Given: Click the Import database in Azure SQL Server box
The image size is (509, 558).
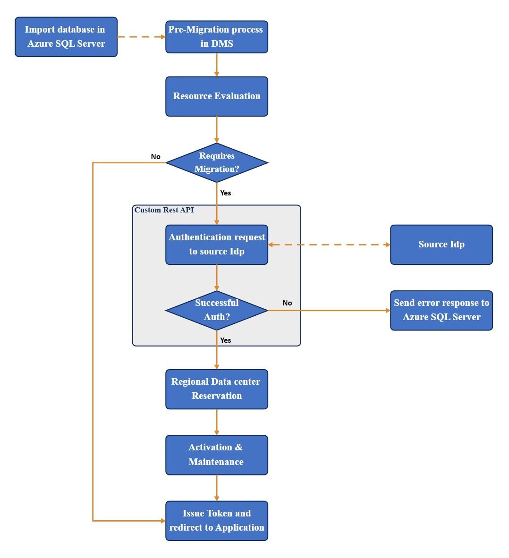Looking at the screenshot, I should point(66,37).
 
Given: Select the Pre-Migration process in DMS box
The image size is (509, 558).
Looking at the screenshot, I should point(216,37).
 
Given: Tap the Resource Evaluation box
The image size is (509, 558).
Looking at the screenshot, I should point(216,96).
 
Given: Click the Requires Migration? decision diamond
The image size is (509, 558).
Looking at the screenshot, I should point(216,163).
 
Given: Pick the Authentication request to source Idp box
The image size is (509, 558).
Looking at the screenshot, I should point(216,245).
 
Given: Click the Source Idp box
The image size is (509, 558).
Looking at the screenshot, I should point(441,245).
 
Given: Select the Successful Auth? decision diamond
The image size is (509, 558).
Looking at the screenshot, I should point(216,310).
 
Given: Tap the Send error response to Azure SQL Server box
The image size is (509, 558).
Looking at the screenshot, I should point(441,310).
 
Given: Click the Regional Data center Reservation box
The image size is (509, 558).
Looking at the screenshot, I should point(216,389).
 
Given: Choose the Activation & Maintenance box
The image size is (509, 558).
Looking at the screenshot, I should point(216,455).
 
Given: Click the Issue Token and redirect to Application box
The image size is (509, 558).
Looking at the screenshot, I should point(216,521).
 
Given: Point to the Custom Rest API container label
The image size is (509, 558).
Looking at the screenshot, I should point(164,210).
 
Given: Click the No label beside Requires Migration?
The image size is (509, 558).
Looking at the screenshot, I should point(155,157).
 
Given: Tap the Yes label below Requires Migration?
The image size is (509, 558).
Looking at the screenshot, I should point(226,193).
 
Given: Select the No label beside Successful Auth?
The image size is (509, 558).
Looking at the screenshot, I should point(287,303).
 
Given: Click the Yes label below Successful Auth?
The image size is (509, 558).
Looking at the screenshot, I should point(226,340).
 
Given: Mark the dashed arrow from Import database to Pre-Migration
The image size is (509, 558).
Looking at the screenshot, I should point(141,37).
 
